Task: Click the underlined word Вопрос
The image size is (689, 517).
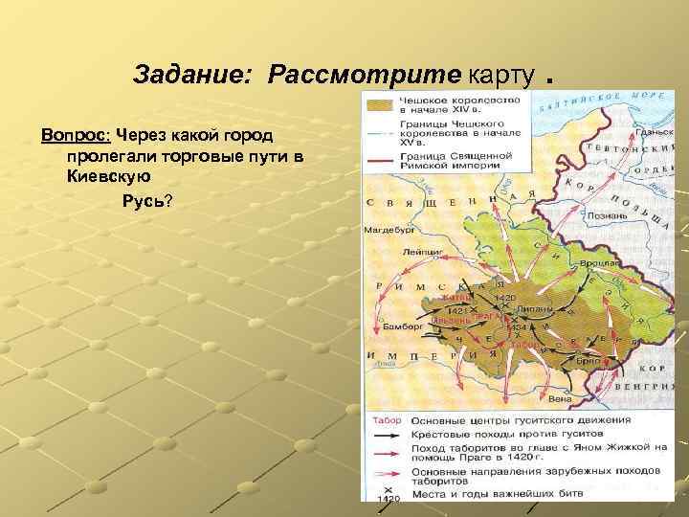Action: pos(76,133)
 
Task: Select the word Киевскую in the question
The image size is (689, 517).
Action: pos(110,177)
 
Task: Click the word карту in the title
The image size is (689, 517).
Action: pos(500,74)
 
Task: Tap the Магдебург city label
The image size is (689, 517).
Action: pos(387,230)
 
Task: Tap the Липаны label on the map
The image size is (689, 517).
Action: pos(538,309)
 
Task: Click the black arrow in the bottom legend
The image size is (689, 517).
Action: pos(385,435)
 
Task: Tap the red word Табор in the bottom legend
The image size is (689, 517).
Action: pos(386,420)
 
